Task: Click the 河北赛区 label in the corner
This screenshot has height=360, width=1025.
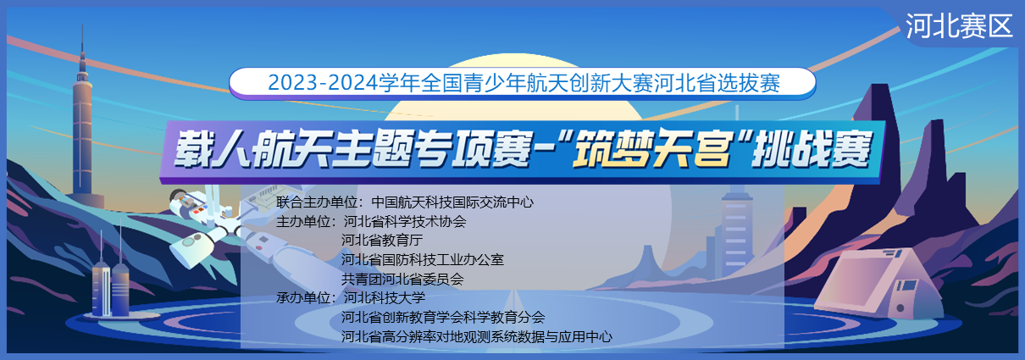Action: point(959,26)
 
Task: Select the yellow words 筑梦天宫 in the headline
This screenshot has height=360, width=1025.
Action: point(651,149)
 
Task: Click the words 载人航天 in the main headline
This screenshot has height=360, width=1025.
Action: point(252,149)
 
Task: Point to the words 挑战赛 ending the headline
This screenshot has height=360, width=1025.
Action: point(812,149)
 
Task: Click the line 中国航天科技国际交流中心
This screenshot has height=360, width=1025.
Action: point(452,202)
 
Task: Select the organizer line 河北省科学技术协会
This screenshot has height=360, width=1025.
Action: point(405,221)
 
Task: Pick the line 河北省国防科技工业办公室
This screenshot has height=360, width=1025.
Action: point(423,260)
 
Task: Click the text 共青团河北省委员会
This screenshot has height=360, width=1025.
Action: point(402,279)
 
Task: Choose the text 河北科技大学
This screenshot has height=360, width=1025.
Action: point(385,298)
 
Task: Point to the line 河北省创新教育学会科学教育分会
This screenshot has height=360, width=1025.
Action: point(443,317)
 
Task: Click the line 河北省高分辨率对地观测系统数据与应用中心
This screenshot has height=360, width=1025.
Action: point(476,336)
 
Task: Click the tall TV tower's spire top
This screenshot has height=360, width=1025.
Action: point(82,25)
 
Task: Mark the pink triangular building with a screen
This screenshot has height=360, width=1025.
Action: point(878,284)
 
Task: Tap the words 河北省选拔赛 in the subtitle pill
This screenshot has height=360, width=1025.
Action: point(717,83)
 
